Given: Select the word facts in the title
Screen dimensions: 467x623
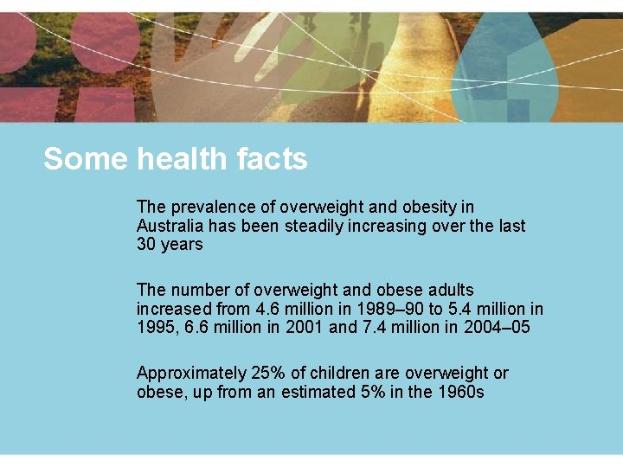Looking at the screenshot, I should [x=271, y=159].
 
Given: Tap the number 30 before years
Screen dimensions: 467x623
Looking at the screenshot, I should [x=145, y=244].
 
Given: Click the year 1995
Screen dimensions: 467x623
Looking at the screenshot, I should [x=154, y=327].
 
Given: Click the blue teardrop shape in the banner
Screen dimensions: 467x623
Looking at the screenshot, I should [x=497, y=74].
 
